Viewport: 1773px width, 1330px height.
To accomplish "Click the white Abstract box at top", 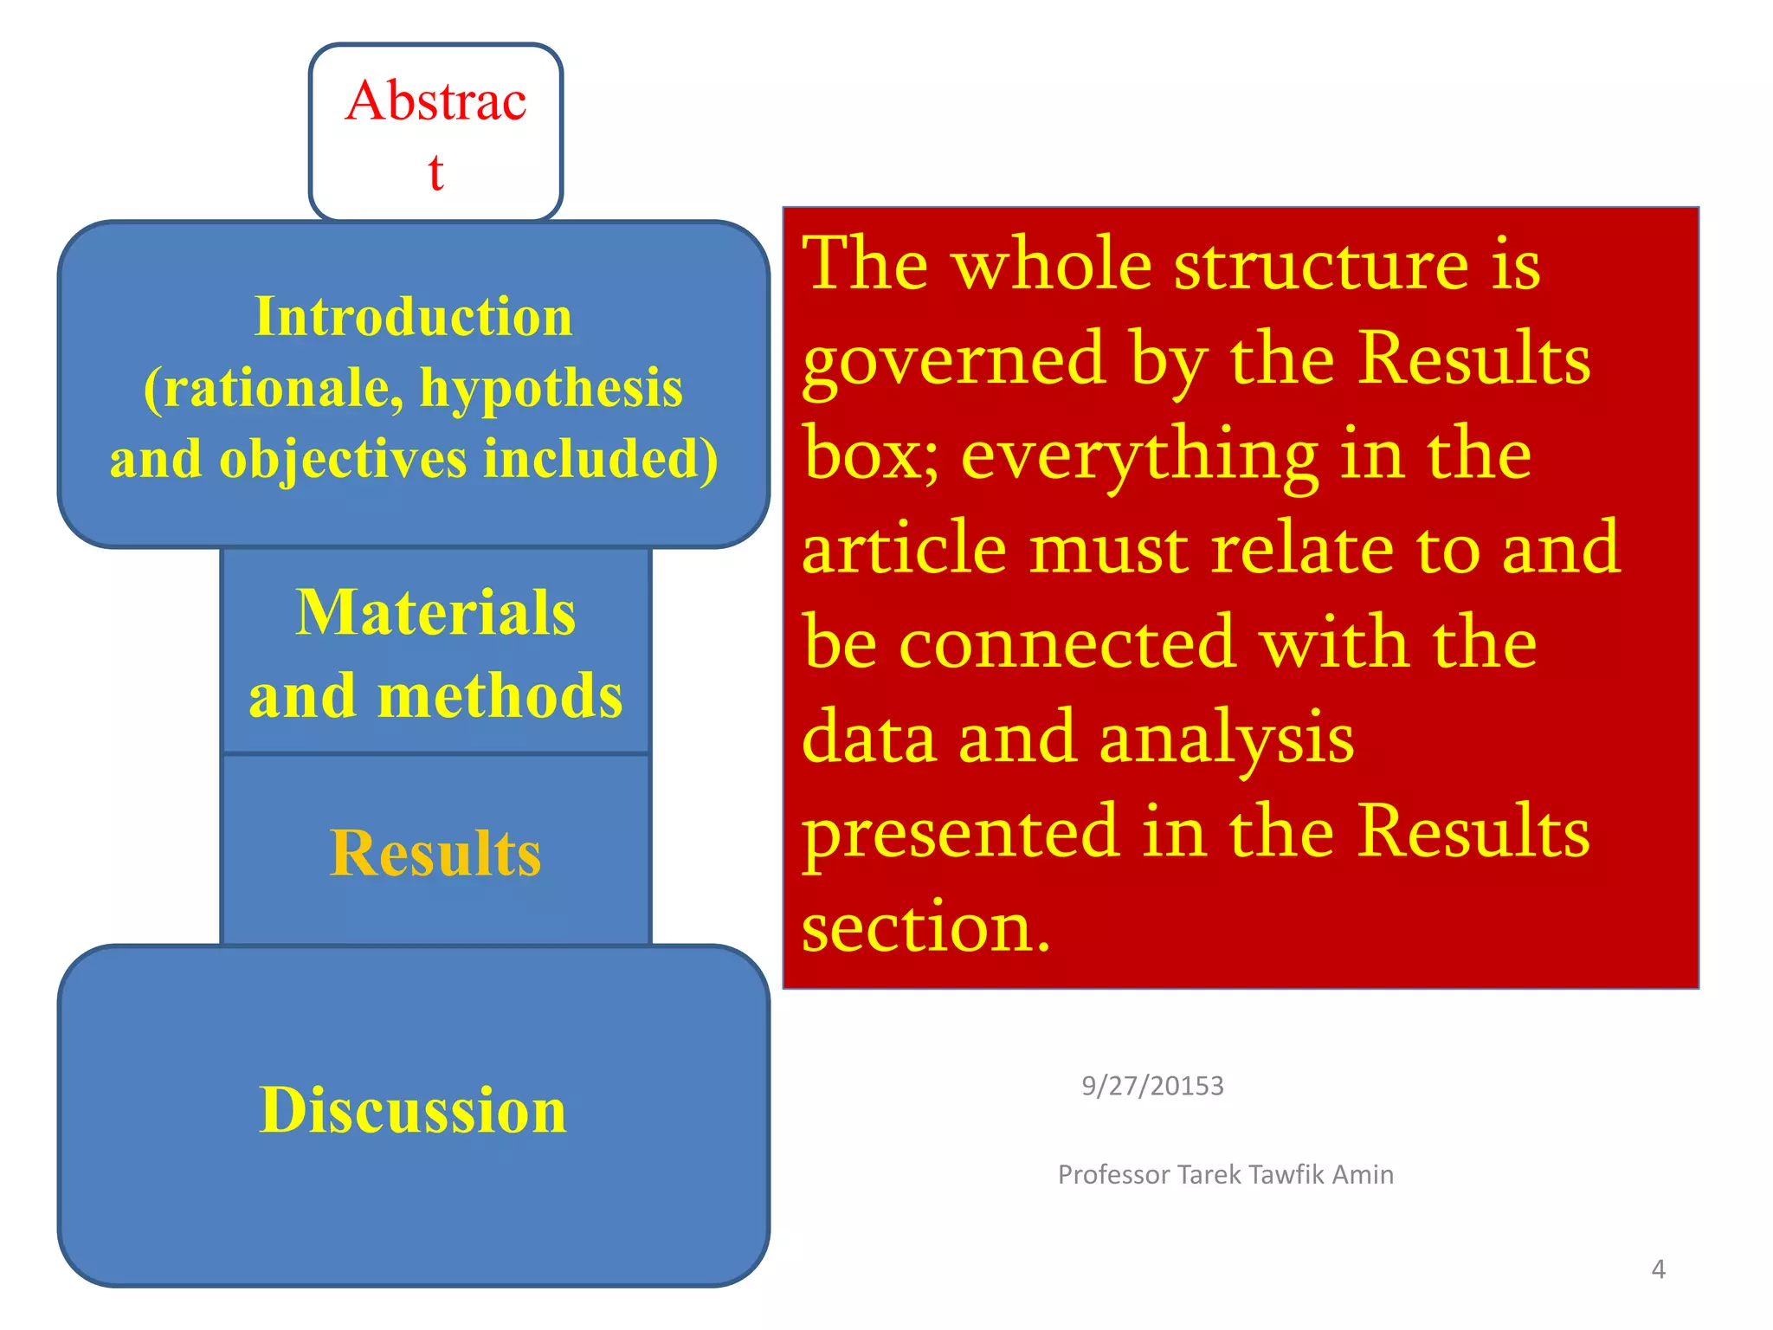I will click(435, 132).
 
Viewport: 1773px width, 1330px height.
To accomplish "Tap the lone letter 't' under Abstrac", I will click(435, 172).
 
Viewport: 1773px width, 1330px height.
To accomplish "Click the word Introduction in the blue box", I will click(413, 317).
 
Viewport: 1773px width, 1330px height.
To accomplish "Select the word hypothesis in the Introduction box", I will click(551, 388).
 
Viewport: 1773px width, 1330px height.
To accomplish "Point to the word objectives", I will click(345, 459).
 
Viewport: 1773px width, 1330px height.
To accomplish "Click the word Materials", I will click(435, 613).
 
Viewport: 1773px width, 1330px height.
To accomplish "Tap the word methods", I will click(500, 696).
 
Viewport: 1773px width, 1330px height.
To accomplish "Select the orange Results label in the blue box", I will click(435, 854).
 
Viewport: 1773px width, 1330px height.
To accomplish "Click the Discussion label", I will click(413, 1110).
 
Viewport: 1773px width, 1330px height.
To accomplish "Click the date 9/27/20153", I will click(1152, 1086).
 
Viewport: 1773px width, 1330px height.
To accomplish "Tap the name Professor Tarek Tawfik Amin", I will click(1225, 1175).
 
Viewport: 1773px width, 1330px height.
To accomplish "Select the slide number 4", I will click(1658, 1269).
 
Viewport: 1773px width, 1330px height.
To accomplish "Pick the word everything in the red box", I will click(1139, 456).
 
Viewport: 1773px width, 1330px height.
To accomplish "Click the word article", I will click(904, 549).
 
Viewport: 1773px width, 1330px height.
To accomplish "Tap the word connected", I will click(1066, 644).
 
